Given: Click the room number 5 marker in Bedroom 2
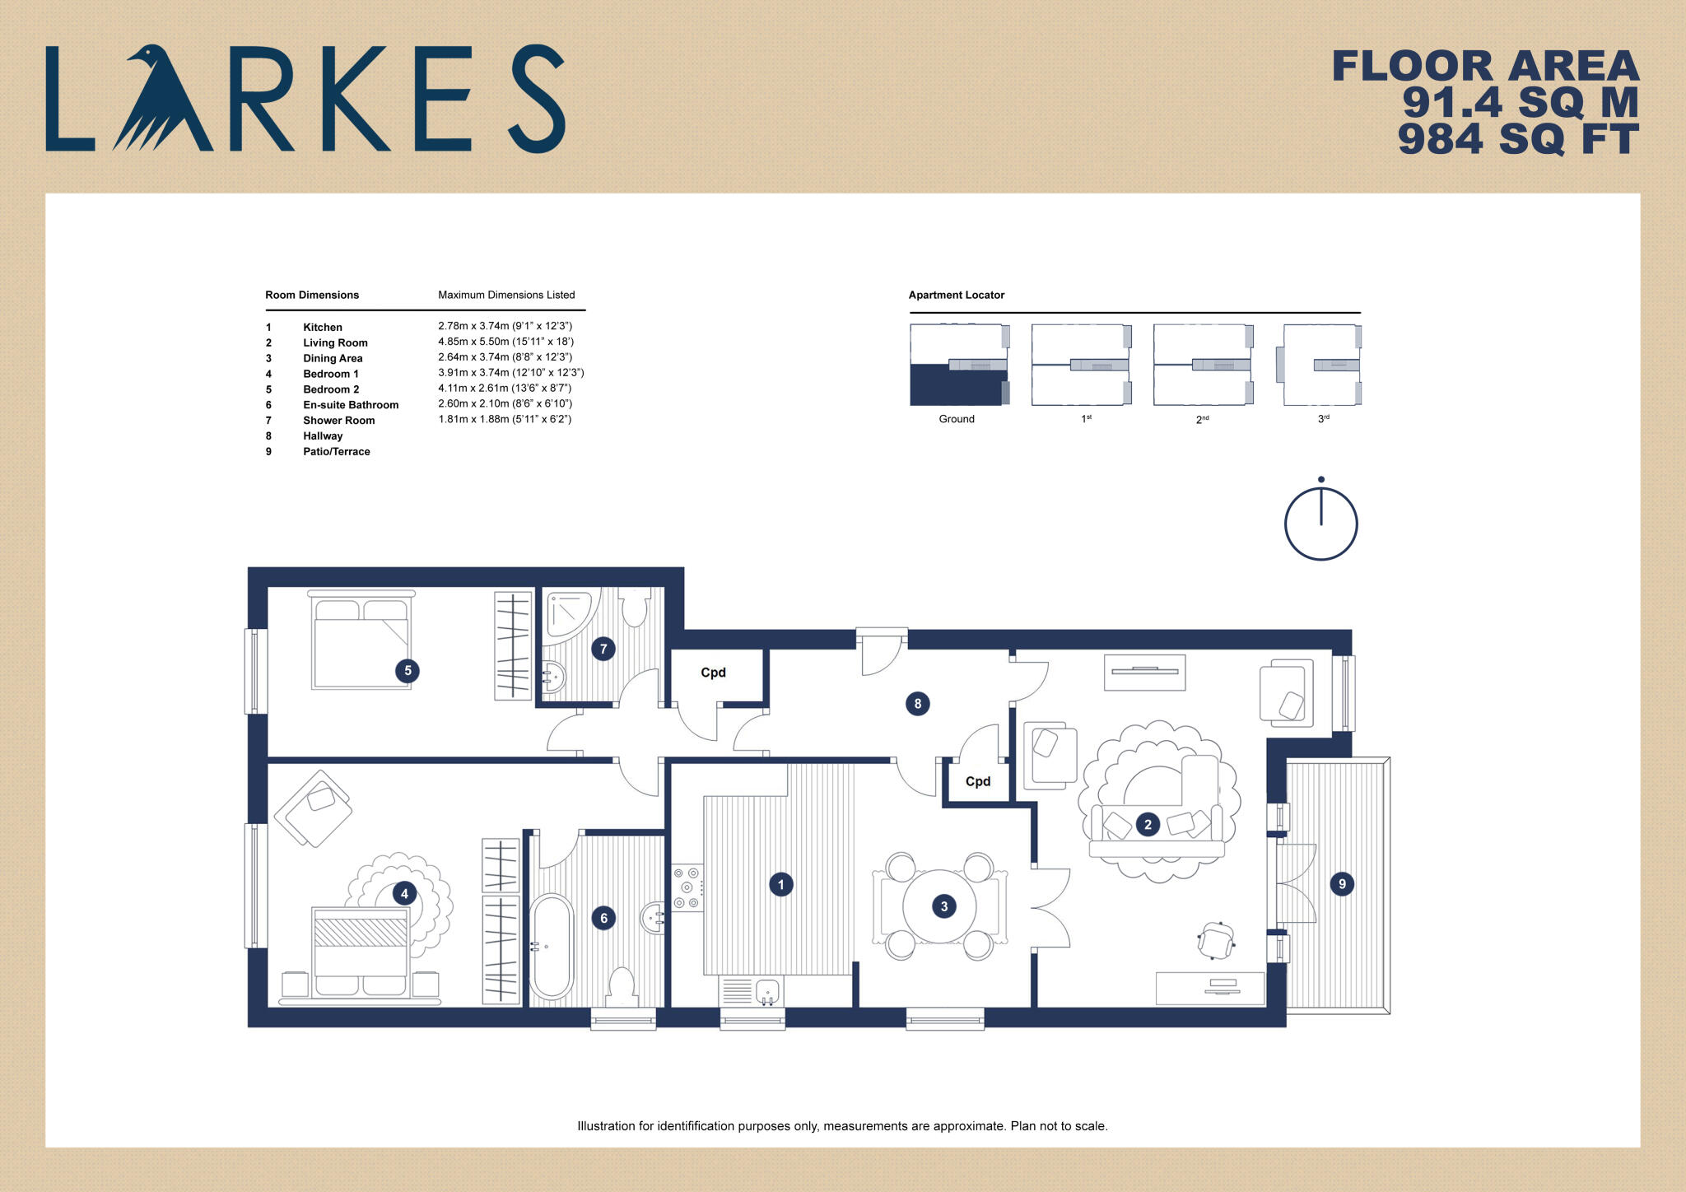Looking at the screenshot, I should tap(408, 670).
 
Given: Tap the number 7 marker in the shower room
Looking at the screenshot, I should tap(603, 649).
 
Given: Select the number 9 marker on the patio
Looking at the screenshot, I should tap(1342, 884).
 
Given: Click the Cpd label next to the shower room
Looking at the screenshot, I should tap(713, 673).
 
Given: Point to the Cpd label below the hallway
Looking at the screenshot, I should tap(978, 781).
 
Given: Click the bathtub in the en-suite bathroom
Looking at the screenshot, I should tap(551, 947).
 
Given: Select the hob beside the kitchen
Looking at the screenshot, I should tap(687, 887).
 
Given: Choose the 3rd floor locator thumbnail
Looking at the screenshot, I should tap(1321, 365).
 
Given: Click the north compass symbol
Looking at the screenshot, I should tap(1320, 522).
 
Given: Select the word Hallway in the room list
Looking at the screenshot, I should tap(323, 436).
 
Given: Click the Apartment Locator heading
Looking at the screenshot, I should tap(956, 295).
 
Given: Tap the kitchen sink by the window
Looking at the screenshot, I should tap(766, 991).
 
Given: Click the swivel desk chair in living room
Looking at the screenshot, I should tap(1216, 941).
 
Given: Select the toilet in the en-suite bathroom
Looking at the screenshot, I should tap(622, 985).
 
